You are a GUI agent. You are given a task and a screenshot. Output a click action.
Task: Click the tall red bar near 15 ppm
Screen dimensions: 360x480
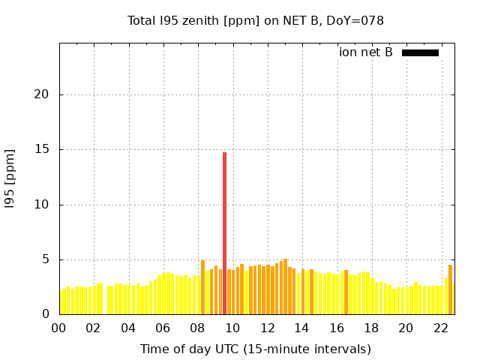(224, 232)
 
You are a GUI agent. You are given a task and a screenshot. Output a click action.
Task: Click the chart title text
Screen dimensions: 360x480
(255, 20)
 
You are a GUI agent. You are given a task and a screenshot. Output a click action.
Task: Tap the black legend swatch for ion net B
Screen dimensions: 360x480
(420, 52)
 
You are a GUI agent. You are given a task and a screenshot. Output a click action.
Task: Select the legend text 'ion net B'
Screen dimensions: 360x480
(365, 52)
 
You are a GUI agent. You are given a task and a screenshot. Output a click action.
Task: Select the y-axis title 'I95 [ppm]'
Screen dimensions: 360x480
(10, 178)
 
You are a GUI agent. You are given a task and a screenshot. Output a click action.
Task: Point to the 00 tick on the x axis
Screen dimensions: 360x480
(59, 328)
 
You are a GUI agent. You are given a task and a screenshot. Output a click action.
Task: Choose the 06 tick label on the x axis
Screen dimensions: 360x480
(163, 328)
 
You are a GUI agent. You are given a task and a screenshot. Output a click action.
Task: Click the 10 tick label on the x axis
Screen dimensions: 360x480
(232, 328)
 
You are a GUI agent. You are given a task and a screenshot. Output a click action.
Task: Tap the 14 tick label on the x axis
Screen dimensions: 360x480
(301, 328)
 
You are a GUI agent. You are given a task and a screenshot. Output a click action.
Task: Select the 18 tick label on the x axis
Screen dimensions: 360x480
(370, 328)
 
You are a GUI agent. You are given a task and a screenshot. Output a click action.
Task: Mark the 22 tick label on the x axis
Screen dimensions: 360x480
(440, 328)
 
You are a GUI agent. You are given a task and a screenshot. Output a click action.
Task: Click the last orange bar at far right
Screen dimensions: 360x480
(450, 289)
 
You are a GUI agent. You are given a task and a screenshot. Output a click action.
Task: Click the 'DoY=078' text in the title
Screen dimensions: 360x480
(358, 20)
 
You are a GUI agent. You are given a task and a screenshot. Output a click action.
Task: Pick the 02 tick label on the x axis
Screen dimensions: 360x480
(94, 328)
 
